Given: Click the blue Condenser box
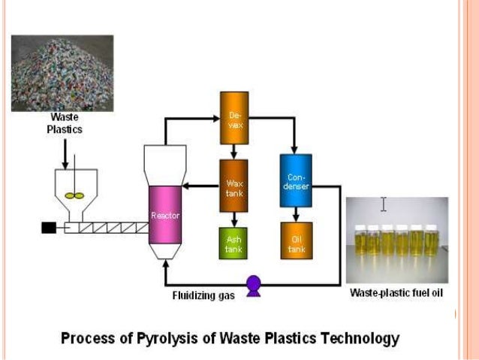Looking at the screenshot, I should coord(295,181).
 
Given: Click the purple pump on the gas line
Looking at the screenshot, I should coord(254,284).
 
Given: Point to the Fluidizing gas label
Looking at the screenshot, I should coord(203,296).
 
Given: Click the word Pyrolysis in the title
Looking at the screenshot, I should coord(153,337).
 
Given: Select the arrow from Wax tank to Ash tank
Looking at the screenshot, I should coord(233,218).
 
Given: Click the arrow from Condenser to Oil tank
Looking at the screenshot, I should coord(295,214).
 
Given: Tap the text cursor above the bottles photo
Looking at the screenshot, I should coord(384,204).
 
